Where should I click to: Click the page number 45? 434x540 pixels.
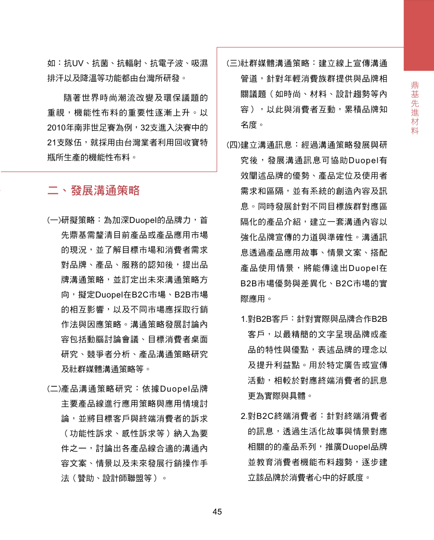tap(217, 512)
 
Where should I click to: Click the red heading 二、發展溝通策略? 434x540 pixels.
tap(94, 191)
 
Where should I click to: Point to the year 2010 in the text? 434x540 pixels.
tap(57, 128)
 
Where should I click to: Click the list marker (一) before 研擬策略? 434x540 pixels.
tap(54, 220)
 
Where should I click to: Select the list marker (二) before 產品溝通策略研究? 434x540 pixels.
tap(54, 390)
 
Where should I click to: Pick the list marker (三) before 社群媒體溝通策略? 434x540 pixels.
tap(233, 63)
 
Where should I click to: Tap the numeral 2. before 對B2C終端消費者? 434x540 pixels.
tap(244, 416)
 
